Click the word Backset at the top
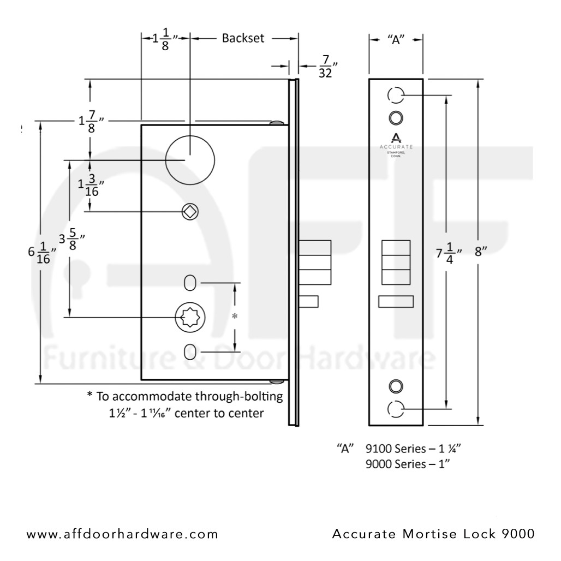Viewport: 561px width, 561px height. (243, 38)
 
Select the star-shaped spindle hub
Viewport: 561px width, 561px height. (189, 317)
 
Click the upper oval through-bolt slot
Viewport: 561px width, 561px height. (189, 283)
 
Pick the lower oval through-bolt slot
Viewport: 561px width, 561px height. (189, 351)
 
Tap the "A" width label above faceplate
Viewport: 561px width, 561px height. (396, 39)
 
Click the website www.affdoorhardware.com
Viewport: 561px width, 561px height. (122, 534)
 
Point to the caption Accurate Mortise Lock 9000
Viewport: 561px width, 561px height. (433, 534)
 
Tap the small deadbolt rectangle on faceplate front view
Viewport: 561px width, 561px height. (396, 302)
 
